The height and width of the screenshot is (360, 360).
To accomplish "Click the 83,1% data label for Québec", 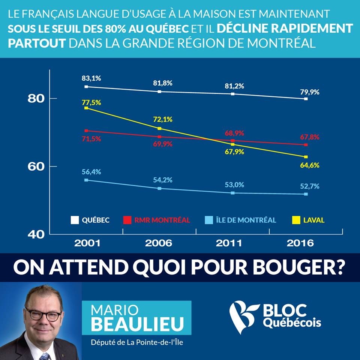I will coord(91,78).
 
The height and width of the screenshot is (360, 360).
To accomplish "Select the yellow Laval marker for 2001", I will coord(86,108).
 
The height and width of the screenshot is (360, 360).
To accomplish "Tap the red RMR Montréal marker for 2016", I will coord(306,145).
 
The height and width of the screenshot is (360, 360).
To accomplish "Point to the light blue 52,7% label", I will coord(310,186).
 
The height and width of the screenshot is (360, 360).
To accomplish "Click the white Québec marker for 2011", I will coord(233,94).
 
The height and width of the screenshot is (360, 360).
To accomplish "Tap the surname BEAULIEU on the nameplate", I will coord(137,324).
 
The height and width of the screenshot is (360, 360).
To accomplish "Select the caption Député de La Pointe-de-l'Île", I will coord(137,342).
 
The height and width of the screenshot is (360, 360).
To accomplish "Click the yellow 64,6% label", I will coord(310,165).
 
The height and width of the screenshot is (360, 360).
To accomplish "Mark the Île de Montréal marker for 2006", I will coord(159,188).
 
